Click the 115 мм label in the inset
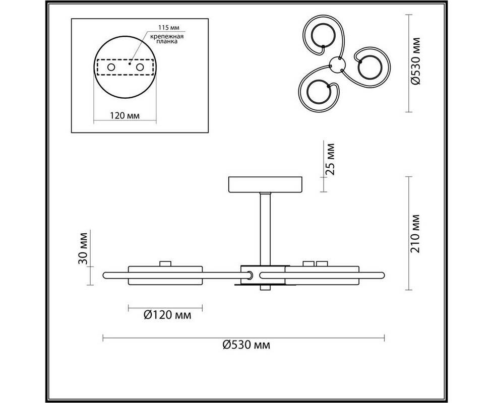point(170,28)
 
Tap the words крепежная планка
point(167,39)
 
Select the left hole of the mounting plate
point(111,67)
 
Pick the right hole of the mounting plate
point(140,67)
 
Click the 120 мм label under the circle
point(125,115)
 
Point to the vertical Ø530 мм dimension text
point(415,61)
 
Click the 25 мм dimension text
point(330,159)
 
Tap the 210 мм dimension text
point(415,234)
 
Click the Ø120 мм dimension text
point(167,315)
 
